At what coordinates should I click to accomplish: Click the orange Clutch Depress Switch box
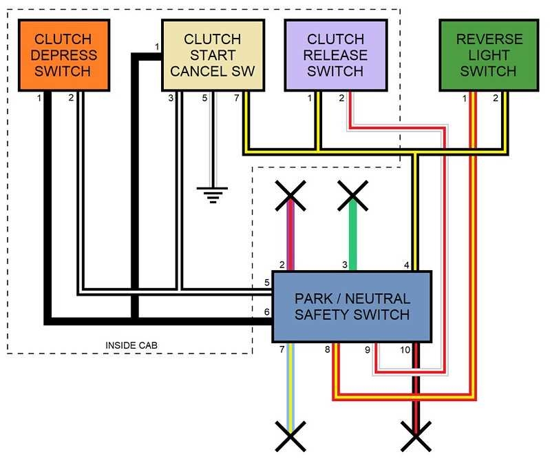[63, 55]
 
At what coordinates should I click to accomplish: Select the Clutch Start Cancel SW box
[213, 55]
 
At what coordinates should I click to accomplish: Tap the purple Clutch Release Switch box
[335, 55]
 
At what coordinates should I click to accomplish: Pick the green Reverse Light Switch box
[489, 55]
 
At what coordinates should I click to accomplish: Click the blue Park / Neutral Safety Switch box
[352, 307]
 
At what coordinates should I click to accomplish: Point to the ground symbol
[213, 194]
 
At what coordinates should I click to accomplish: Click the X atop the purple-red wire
[290, 195]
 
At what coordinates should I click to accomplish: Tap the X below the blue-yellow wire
[290, 438]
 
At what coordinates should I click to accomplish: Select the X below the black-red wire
[415, 438]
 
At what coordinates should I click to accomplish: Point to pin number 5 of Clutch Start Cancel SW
[204, 99]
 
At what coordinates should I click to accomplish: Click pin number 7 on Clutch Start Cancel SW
[237, 99]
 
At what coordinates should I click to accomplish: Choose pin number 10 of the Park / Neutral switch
[405, 350]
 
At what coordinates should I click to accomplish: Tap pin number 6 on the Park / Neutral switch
[266, 312]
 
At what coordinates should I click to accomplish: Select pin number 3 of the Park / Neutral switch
[345, 265]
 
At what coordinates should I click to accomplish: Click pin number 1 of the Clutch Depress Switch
[39, 99]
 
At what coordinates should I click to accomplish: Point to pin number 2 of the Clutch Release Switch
[341, 99]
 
